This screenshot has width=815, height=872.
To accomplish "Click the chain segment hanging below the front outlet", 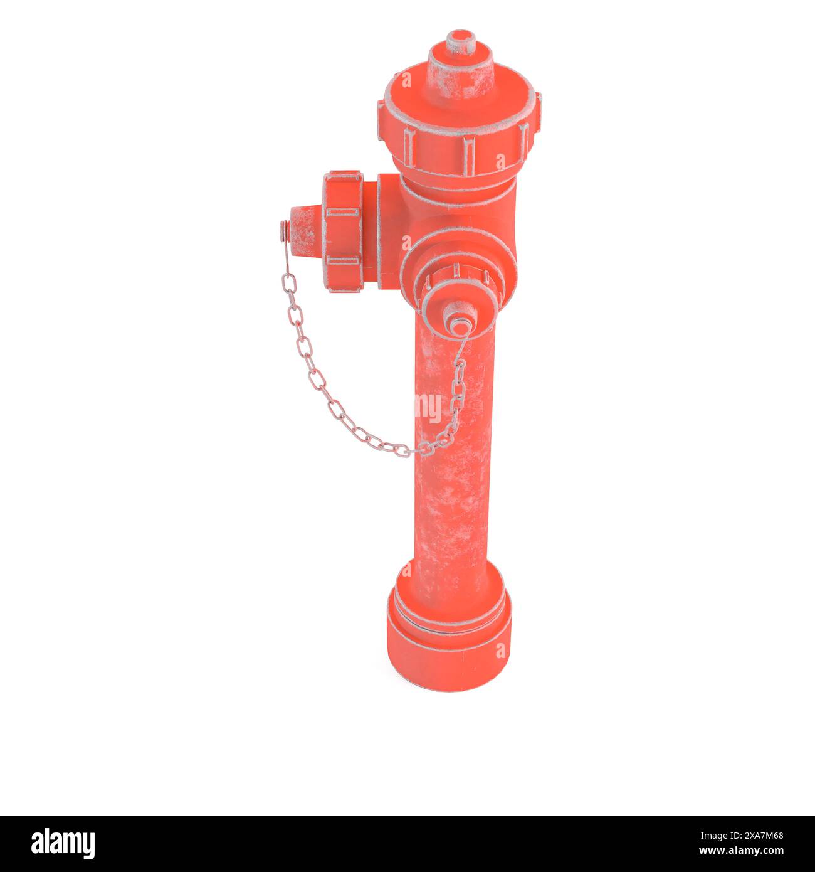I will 458,389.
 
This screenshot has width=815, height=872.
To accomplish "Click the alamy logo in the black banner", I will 63,844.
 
